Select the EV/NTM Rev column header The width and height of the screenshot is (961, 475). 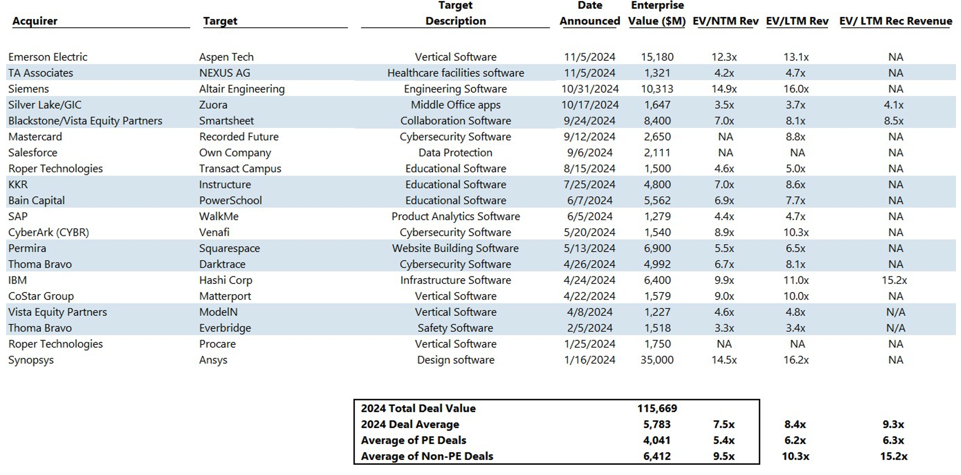[725, 21]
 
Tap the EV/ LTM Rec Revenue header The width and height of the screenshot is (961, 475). [896, 21]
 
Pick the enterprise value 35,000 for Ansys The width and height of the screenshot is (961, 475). [657, 360]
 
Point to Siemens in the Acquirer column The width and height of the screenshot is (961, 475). [28, 89]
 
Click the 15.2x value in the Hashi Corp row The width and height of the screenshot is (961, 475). [894, 280]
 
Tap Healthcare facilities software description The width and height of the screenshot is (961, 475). [455, 73]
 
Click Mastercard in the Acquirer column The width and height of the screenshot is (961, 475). [35, 137]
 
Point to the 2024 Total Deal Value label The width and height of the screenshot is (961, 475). [418, 408]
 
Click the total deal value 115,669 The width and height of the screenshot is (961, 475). [657, 408]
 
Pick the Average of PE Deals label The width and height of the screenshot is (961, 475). [413, 440]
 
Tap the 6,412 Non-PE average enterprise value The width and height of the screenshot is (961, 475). [657, 456]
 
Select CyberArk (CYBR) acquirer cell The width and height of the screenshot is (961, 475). [48, 232]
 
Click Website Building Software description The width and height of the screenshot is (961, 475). [455, 248]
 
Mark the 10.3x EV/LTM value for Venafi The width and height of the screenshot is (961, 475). [796, 232]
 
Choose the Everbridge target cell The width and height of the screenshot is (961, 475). [225, 328]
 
